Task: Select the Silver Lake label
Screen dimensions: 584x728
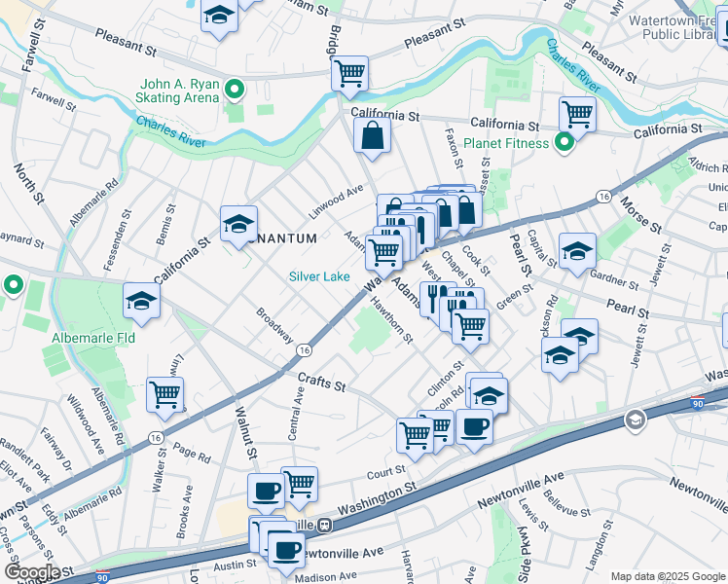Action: pos(318,276)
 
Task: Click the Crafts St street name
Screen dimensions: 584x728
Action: pos(322,384)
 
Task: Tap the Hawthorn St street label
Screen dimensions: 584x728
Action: pos(392,319)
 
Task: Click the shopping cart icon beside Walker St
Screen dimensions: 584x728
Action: pos(164,394)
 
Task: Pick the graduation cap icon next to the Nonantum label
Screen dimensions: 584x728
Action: pos(238,224)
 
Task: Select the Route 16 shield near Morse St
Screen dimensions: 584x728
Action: pos(604,197)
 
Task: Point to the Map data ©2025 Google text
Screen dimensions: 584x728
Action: pos(667,576)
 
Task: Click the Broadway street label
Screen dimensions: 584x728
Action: pos(274,325)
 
